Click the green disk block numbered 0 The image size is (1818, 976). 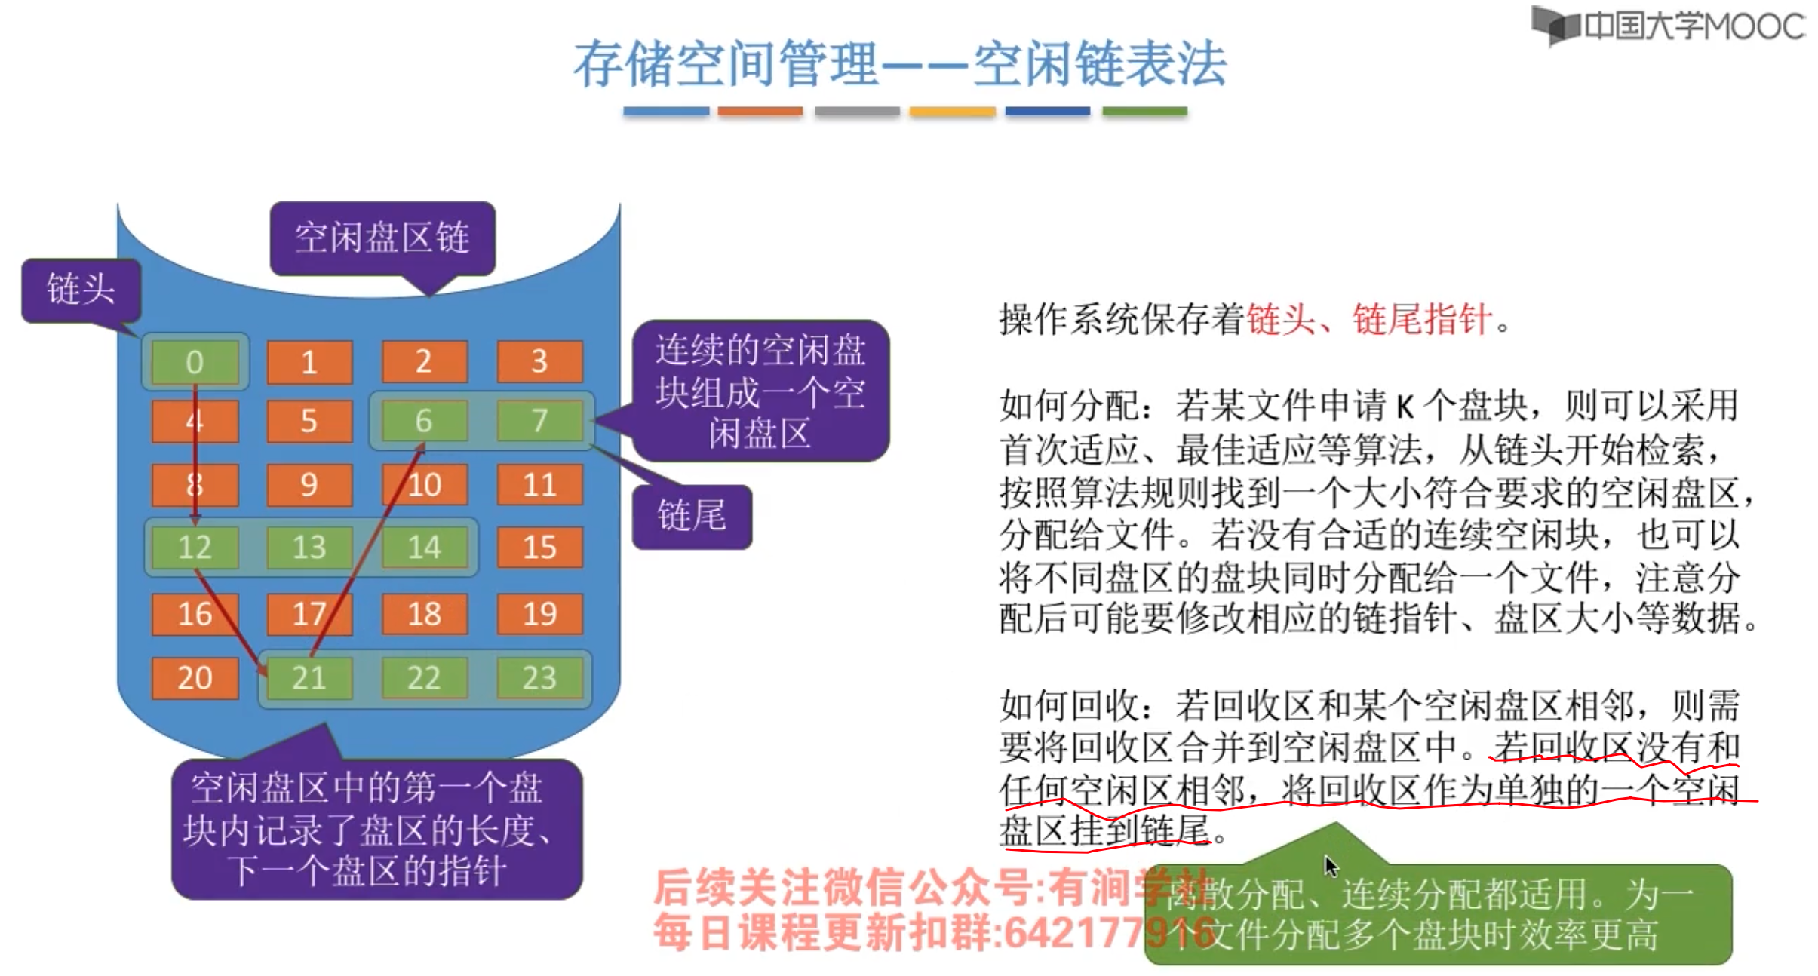[x=195, y=362]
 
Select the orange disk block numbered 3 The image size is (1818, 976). [x=539, y=362]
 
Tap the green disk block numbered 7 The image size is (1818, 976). [x=539, y=420]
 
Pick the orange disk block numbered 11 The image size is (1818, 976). [x=539, y=484]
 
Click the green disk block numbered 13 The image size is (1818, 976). [x=309, y=547]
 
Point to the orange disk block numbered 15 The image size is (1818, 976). [x=539, y=547]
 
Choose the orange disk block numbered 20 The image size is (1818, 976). [x=195, y=677]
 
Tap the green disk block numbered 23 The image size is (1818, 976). [x=539, y=677]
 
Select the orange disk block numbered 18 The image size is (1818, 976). [x=424, y=614]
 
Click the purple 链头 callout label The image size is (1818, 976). [x=81, y=290]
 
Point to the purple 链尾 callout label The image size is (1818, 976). [x=692, y=516]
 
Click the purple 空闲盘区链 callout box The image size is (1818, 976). [x=382, y=238]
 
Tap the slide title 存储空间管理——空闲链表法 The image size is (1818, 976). [x=899, y=64]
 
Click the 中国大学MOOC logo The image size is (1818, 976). [x=1669, y=26]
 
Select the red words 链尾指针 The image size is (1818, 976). [x=1421, y=319]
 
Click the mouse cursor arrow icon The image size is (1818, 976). [x=1331, y=866]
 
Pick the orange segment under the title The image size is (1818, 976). [x=760, y=112]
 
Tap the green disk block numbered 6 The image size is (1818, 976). [x=424, y=420]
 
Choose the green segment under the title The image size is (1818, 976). [x=1144, y=112]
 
